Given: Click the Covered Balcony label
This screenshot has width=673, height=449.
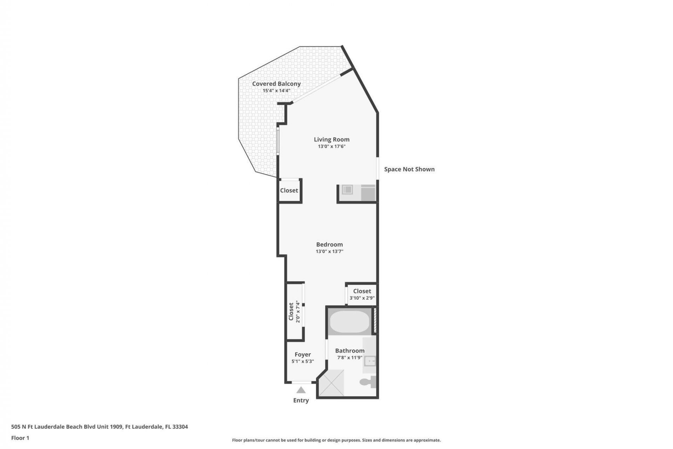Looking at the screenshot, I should click(x=276, y=84).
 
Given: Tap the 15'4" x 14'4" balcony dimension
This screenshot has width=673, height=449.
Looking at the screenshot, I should click(x=276, y=91).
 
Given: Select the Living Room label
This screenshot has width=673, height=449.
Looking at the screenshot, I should click(x=331, y=139).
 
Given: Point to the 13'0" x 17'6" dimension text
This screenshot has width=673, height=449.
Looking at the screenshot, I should click(x=331, y=146).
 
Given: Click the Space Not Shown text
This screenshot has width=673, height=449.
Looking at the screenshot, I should click(x=409, y=169).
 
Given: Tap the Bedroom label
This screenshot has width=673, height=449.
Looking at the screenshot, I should click(x=329, y=244).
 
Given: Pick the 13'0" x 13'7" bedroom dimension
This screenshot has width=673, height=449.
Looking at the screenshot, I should click(x=329, y=251).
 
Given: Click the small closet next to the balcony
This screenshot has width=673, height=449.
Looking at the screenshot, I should click(x=289, y=190).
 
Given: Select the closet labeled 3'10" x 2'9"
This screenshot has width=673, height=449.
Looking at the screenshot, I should click(x=362, y=294).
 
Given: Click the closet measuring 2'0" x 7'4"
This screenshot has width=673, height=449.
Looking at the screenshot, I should click(x=294, y=311).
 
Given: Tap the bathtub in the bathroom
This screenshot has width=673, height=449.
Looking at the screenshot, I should click(x=349, y=321).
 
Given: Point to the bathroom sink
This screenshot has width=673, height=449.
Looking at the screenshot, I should click(x=370, y=361).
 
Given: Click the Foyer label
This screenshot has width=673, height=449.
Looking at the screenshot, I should click(x=302, y=355).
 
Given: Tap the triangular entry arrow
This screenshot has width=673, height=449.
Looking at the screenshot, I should click(x=301, y=390).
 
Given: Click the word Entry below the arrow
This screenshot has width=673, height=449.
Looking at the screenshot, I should click(x=301, y=400).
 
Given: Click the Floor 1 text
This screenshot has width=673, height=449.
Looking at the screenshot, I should click(x=20, y=438).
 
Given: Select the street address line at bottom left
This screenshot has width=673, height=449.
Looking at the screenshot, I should click(x=100, y=427).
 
